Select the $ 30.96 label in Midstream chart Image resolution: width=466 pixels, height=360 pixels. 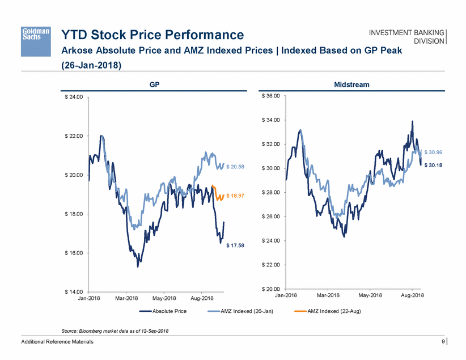click(x=434, y=153)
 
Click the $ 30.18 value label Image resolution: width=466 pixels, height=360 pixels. click(x=434, y=165)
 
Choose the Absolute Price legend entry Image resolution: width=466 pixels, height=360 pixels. click(x=168, y=311)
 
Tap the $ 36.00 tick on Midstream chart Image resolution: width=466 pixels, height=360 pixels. click(x=270, y=96)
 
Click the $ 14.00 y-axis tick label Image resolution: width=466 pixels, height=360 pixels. click(x=73, y=291)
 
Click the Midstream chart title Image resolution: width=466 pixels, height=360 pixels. click(x=353, y=84)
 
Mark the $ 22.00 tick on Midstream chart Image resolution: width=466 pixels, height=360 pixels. click(x=270, y=265)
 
